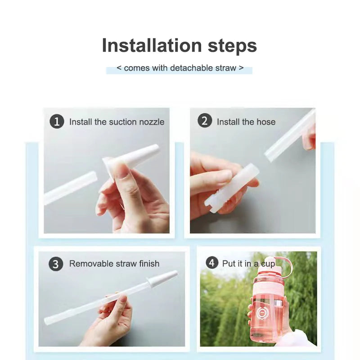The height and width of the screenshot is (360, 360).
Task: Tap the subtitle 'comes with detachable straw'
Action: click(180, 68)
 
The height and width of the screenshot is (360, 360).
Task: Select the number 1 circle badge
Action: click(57, 121)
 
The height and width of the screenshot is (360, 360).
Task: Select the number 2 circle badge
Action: click(205, 121)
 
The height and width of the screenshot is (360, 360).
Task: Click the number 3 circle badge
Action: click(56, 264)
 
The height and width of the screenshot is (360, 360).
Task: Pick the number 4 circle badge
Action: click(212, 263)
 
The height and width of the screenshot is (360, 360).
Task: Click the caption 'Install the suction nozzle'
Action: click(117, 122)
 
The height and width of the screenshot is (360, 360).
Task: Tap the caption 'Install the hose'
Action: click(246, 122)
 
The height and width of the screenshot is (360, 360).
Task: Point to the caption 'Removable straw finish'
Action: click(114, 264)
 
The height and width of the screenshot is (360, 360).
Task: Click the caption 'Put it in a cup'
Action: click(248, 263)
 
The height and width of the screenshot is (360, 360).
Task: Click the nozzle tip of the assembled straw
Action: click(164, 278)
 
